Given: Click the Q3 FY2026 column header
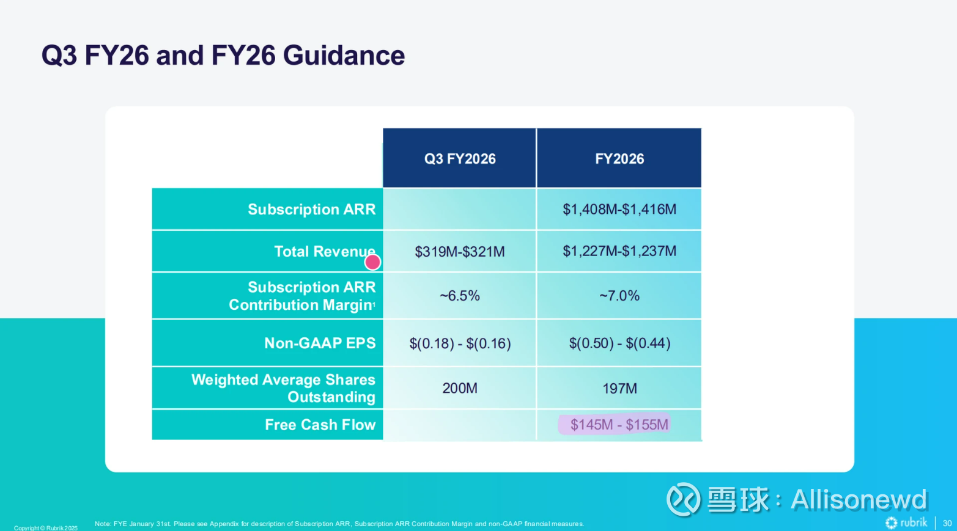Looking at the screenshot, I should [460, 159].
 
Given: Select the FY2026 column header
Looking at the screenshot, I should [619, 159].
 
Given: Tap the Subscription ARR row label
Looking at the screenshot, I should [311, 210].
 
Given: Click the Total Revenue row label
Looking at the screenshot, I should [324, 251].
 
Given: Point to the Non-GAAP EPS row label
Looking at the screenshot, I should [320, 343].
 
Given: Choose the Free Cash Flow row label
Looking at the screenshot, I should [320, 425].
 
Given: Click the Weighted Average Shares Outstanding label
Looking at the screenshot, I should [283, 388].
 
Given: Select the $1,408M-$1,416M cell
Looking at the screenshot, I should [619, 210].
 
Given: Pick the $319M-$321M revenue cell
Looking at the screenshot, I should [460, 252].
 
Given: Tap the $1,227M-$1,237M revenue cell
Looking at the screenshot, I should [619, 251].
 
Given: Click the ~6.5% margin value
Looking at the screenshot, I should [460, 296].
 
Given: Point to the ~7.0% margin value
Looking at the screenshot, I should [619, 296].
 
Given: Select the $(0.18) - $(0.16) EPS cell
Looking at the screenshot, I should [460, 343].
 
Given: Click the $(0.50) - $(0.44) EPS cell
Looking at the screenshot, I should [619, 343].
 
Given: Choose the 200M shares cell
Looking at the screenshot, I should [460, 389].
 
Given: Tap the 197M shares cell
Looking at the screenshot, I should [619, 389].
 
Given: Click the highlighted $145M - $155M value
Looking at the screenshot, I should [619, 425].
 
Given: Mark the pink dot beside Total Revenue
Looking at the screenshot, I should [372, 262].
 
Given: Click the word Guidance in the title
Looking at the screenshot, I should [344, 56].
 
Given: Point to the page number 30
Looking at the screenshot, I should [947, 523].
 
